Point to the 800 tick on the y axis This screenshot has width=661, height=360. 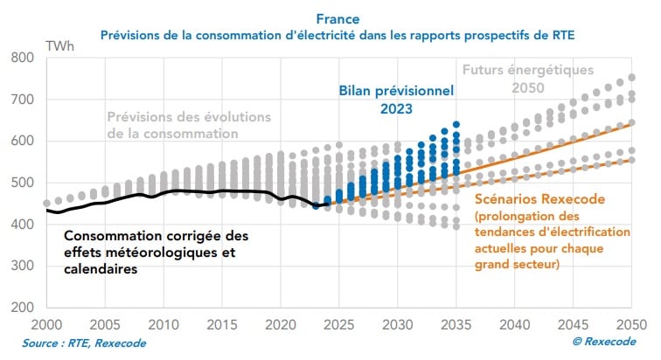[x=23, y=58]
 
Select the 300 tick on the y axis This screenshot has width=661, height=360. [x=23, y=267]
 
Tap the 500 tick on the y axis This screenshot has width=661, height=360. [x=23, y=183]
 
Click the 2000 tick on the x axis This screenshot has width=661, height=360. [x=46, y=323]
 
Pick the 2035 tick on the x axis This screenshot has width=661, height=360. [x=456, y=323]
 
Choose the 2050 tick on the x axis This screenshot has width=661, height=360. [x=631, y=323]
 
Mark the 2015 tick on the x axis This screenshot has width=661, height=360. [x=222, y=323]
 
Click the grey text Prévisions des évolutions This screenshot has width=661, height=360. [x=189, y=116]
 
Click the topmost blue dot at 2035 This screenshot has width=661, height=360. [x=456, y=125]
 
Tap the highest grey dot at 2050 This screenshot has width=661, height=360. [x=631, y=77]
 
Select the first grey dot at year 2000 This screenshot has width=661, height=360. [x=46, y=204]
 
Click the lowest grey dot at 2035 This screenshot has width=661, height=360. [x=456, y=226]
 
